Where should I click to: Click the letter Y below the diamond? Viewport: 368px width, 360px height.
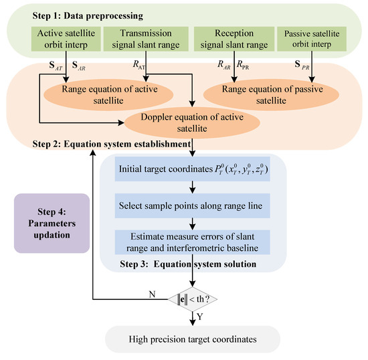(x=200, y=311)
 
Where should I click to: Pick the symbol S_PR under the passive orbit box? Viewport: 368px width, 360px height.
(x=321, y=66)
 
